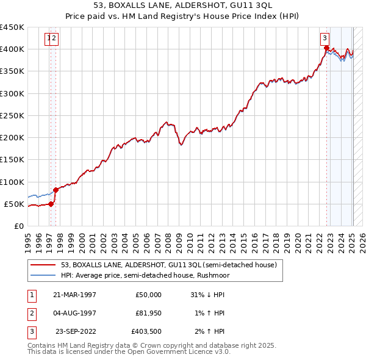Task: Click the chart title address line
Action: click(x=182, y=7)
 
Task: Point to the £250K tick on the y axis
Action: click(x=12, y=115)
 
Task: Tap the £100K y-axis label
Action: click(x=12, y=182)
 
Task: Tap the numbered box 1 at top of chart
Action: click(x=48, y=38)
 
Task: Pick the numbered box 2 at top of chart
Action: click(x=54, y=38)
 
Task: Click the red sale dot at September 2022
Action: click(x=326, y=48)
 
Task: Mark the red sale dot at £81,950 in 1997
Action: click(x=56, y=190)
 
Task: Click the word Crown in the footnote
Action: click(x=159, y=345)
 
